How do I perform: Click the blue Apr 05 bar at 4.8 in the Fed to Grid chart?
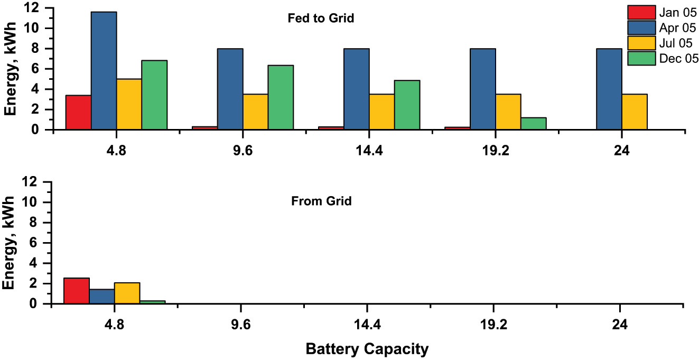coord(104,71)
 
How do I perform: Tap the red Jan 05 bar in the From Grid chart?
coord(77,291)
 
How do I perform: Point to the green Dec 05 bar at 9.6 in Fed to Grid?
coord(281,98)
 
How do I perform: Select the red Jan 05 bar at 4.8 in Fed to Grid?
coord(78,113)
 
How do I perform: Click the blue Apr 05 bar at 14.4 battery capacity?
coord(356,89)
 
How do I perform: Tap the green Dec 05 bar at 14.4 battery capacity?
coord(407,105)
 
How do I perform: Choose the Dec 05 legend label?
coord(678,58)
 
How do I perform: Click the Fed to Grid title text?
coord(320,19)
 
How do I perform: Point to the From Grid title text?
coord(321,201)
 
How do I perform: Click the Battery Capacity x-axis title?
coord(367,349)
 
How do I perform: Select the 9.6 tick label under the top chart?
coord(241,151)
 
